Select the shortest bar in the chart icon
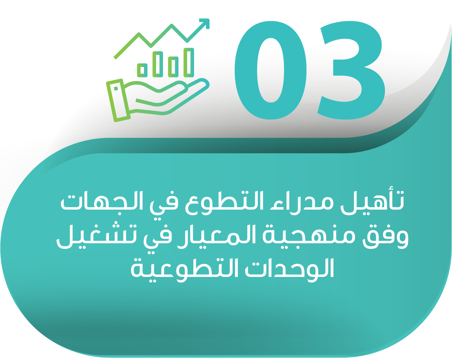tap(143, 70)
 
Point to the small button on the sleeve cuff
tap(116, 88)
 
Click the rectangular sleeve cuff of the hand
tap(118, 100)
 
